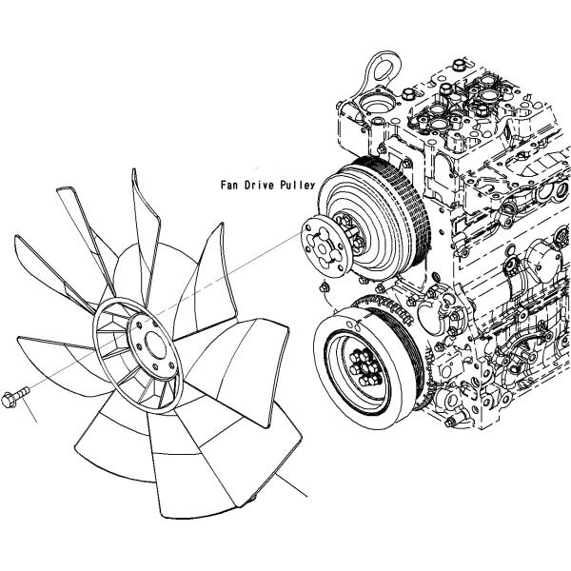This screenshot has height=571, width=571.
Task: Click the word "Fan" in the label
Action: coord(228,187)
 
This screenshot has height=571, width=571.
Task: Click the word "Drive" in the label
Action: coord(258,187)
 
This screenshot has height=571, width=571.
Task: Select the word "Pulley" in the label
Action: coord(296,187)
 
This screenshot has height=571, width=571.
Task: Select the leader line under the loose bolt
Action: coord(29,412)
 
